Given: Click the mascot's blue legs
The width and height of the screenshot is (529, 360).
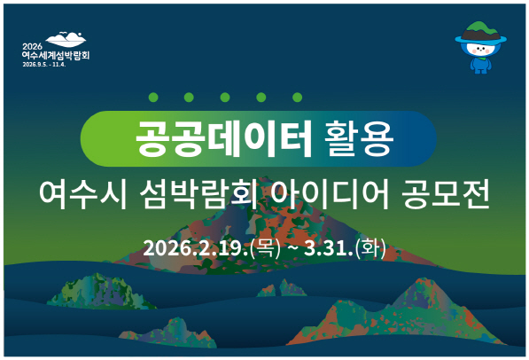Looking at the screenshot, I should click(481, 69).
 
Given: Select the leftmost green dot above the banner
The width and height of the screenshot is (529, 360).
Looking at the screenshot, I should click(152, 98).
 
